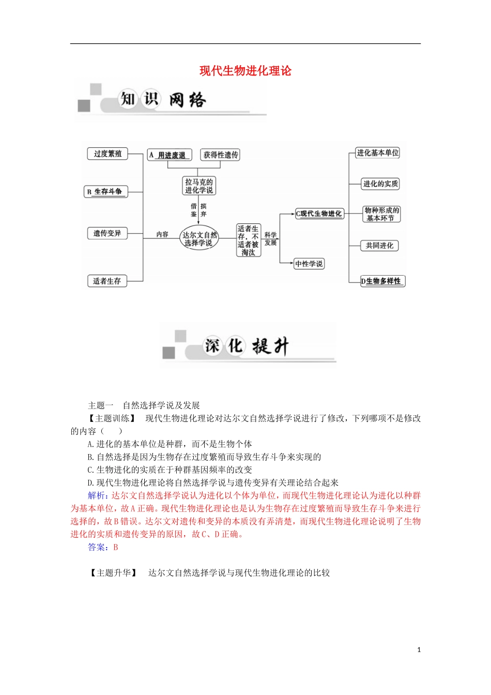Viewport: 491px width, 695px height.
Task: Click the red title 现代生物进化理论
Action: point(245,71)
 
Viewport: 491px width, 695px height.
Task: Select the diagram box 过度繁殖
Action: point(108,154)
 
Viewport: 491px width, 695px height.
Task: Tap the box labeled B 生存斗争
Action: point(106,192)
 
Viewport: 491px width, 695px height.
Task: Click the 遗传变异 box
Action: point(107,233)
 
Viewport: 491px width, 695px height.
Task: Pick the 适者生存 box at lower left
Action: point(107,281)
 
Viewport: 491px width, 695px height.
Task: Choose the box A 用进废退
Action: point(169,155)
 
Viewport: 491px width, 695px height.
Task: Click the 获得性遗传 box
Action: point(221,155)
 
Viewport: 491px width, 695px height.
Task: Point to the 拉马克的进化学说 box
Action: point(199,186)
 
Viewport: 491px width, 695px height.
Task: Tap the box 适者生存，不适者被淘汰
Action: point(248,240)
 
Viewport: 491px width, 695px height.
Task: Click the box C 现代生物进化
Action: point(319,214)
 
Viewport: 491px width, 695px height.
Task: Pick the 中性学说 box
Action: point(309,264)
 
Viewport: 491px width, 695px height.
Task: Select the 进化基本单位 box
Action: point(377,153)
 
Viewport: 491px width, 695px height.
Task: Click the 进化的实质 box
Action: point(380,184)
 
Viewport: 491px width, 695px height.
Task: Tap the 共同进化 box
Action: point(379,246)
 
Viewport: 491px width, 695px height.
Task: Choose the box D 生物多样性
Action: point(382,281)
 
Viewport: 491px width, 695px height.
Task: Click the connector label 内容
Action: point(162,234)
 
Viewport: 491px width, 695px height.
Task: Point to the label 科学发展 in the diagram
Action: point(270,238)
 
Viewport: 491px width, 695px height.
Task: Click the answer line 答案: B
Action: point(103,547)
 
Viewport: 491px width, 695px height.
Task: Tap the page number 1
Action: point(419,649)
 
